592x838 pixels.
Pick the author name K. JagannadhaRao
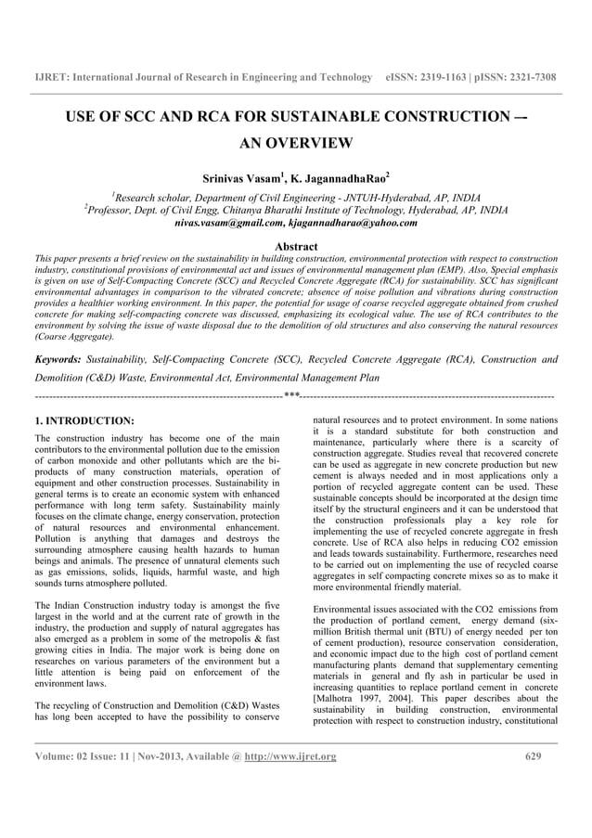343,176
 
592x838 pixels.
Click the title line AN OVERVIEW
296,143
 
